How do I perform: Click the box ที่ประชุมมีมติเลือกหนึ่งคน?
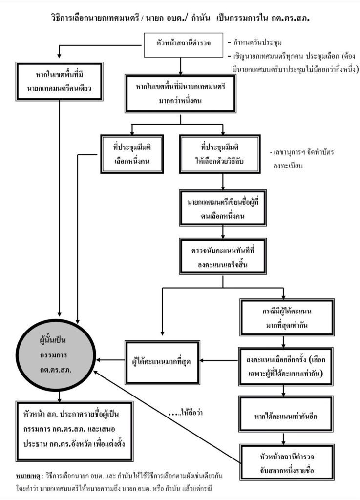pos(131,153)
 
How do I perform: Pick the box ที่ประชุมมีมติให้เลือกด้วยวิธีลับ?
pos(223,153)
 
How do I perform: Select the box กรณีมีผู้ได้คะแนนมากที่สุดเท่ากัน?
pos(287,317)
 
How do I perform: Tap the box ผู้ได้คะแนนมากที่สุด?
pos(161,362)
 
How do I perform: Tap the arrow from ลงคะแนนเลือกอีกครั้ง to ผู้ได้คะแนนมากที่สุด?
pos(220,361)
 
